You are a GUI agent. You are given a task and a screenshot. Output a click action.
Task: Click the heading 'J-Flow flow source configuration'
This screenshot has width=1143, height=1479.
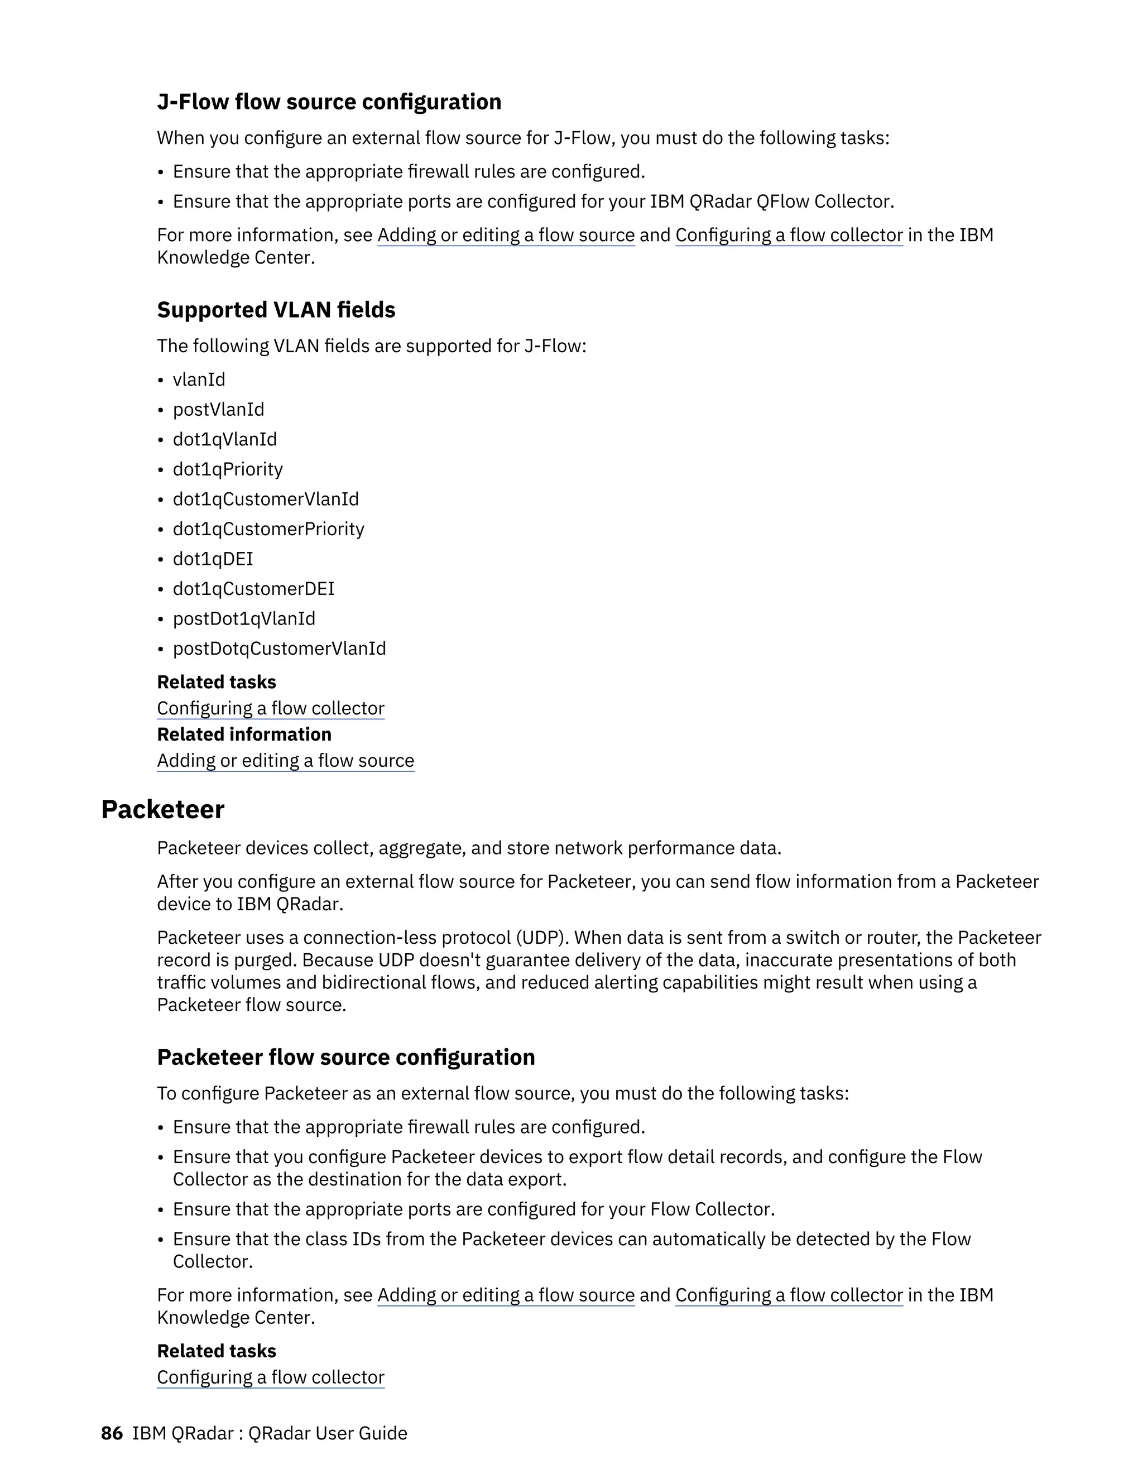[x=329, y=102]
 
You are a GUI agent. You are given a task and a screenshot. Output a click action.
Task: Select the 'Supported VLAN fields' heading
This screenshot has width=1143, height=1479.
[x=276, y=310]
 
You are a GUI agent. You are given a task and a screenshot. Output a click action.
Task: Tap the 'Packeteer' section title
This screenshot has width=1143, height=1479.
[x=162, y=809]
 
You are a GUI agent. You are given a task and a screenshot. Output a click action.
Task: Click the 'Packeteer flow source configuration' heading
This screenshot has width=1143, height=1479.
[x=346, y=1057]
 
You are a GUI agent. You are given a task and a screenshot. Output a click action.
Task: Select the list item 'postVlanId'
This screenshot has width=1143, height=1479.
[x=218, y=409]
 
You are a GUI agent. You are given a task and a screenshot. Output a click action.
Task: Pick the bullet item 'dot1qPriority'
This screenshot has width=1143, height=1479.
[x=228, y=469]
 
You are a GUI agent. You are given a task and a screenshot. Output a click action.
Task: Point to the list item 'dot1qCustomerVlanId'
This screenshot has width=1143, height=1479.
[x=266, y=498]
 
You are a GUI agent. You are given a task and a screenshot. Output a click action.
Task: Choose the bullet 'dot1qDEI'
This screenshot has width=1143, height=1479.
[x=213, y=559]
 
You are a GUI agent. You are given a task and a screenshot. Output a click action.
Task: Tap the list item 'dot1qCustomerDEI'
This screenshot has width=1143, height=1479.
[x=253, y=588]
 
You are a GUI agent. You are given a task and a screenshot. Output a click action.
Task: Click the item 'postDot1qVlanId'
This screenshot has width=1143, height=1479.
[x=244, y=618]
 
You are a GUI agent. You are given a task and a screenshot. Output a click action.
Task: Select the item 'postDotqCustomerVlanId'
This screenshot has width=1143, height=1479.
[x=279, y=648]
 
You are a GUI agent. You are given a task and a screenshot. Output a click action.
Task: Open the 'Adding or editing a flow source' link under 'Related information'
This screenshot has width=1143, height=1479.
[x=286, y=761]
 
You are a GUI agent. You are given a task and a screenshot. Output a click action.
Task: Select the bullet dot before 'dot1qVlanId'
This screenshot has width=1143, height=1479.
[x=161, y=440]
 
